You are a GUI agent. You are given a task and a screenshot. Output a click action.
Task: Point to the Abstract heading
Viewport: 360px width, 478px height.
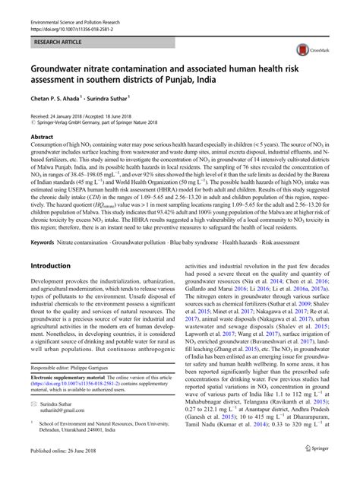tap(41, 137)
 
